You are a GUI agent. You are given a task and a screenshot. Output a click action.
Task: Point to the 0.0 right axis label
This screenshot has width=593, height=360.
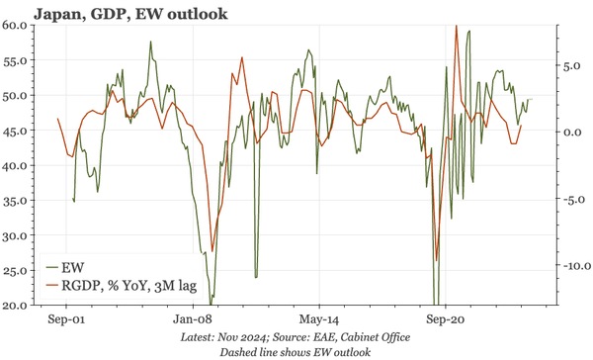[563, 133]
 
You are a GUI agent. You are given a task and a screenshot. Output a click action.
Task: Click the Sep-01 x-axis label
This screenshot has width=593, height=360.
[65, 320]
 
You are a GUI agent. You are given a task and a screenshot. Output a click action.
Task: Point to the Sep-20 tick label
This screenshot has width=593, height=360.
[445, 320]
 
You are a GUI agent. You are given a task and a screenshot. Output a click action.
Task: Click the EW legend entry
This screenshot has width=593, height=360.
[70, 268]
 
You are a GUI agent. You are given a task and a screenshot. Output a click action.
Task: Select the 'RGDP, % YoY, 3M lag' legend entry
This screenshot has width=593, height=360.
[123, 287]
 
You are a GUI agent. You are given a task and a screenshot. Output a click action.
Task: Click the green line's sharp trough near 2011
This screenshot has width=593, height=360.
[256, 276]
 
